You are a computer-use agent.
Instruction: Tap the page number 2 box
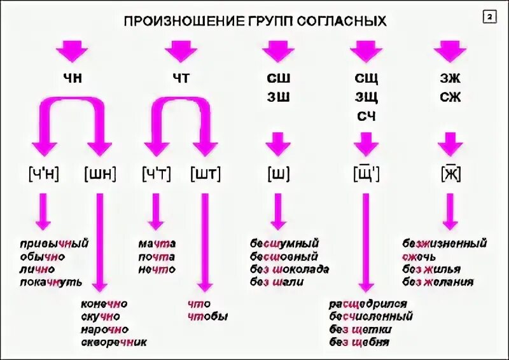[x=490, y=18]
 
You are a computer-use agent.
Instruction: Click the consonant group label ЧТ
[x=181, y=78]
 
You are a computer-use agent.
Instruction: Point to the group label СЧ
[x=366, y=116]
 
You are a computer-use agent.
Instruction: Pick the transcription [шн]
[x=100, y=173]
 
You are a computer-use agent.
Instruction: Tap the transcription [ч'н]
[x=43, y=173]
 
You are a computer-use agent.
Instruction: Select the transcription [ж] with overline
[x=450, y=173]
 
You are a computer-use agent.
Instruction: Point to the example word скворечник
[x=114, y=342]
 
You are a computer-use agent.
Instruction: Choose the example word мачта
[x=157, y=244]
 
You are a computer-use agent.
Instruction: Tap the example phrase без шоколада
[x=289, y=269]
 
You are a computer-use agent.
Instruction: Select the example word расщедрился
[x=368, y=304]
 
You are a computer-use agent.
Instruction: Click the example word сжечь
[x=419, y=256]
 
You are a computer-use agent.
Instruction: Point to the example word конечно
[x=104, y=304]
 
